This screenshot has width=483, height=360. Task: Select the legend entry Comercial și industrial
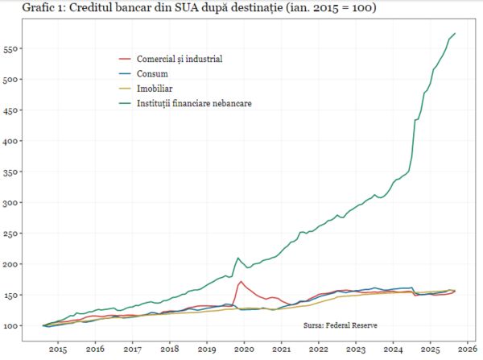tap(180, 60)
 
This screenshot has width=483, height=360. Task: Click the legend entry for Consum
tap(152, 74)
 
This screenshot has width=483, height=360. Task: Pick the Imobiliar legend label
tap(155, 89)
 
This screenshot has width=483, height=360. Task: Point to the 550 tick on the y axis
tap(13, 48)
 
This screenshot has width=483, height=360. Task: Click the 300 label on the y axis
tap(13, 202)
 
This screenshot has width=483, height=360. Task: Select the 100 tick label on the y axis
tap(13, 325)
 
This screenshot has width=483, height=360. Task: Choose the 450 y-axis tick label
tap(13, 110)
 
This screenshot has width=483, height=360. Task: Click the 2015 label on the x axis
tap(57, 350)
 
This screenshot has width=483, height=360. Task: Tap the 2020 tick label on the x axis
tap(245, 350)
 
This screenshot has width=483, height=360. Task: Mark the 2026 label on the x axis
tap(469, 350)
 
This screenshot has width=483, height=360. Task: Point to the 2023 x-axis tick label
tap(357, 350)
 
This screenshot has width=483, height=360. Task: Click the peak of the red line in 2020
tap(242, 281)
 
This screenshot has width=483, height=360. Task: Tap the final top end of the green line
tap(456, 33)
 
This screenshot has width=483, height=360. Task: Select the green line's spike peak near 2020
tap(238, 258)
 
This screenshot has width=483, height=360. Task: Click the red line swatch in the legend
tap(125, 60)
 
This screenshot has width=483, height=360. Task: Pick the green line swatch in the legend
tap(125, 103)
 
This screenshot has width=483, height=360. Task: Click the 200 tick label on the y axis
tap(13, 264)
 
